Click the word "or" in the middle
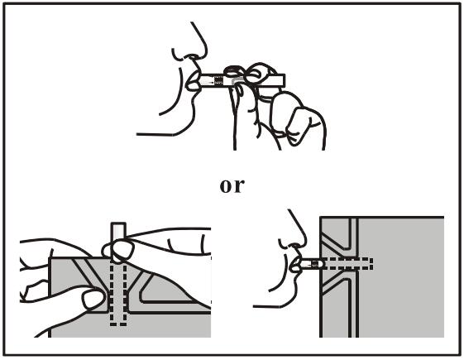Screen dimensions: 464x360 [232, 186]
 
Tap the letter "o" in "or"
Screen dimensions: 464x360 [226, 186]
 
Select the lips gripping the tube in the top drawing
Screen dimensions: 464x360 [193, 80]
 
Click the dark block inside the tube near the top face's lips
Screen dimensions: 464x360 [218, 80]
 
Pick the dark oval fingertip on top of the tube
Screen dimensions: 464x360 [232, 71]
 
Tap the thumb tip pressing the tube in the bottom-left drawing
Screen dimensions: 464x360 [117, 250]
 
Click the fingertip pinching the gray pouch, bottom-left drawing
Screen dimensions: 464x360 [93, 299]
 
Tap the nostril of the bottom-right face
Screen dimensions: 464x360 [295, 245]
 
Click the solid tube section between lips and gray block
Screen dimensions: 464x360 [312, 264]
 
